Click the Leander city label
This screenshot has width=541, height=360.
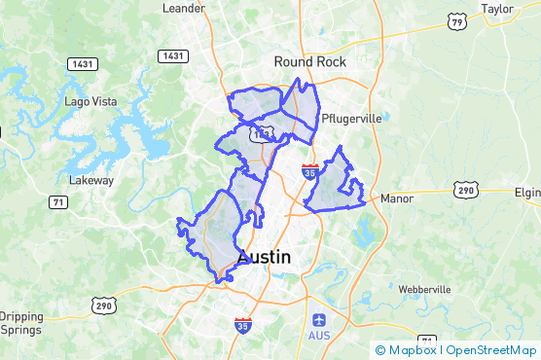(184, 8)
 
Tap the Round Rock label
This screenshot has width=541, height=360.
(309, 60)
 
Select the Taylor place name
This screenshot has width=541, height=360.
(496, 8)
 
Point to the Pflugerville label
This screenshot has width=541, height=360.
(352, 118)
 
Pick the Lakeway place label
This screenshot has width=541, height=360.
(91, 180)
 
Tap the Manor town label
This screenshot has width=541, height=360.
(397, 198)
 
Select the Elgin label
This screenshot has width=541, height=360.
(526, 193)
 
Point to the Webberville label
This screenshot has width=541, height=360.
(424, 290)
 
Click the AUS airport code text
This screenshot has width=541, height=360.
(319, 337)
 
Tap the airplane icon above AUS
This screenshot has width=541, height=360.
(319, 320)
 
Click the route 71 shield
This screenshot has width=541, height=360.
(59, 201)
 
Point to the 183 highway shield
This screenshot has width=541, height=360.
(261, 132)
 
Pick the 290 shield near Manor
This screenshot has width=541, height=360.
(468, 190)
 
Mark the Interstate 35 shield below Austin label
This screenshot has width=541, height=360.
(242, 325)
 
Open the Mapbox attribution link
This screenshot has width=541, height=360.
(406, 350)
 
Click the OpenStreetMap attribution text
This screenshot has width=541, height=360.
(492, 350)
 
